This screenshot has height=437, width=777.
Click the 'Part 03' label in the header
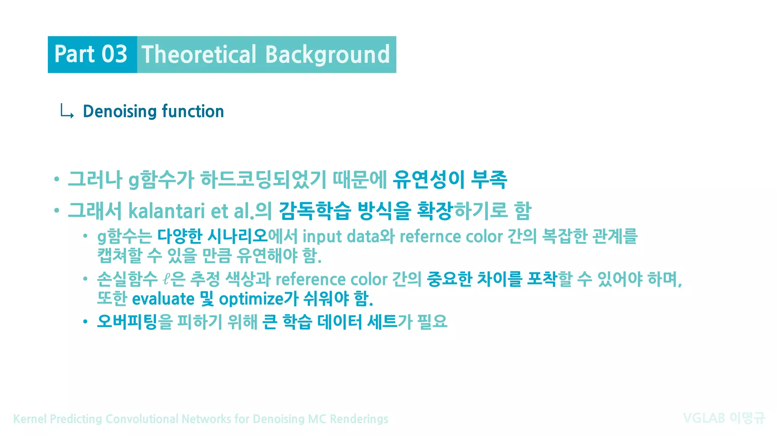coord(91,54)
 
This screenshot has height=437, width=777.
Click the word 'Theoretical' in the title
coord(199,54)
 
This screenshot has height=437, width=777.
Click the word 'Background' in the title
coord(327,54)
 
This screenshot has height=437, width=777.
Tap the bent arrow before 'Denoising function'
coord(67,112)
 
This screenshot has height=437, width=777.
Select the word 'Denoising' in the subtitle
coord(120,111)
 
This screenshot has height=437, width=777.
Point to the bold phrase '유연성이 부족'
coord(450,179)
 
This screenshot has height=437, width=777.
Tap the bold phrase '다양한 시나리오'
coord(212,236)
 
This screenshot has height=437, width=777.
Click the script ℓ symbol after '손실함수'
coord(165,280)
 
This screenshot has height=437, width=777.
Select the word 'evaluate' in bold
coord(163,299)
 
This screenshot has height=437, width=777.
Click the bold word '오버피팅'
coord(127,322)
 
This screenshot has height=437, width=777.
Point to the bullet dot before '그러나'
coord(57,179)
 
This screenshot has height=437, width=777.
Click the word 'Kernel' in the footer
coord(30,419)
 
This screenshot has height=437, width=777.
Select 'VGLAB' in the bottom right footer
coord(704,418)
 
